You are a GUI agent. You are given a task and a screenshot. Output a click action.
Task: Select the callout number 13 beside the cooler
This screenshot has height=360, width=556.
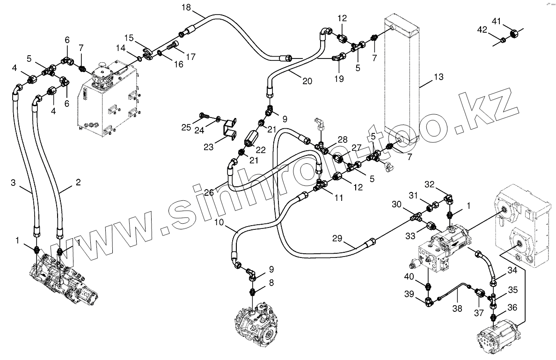[x=438, y=77]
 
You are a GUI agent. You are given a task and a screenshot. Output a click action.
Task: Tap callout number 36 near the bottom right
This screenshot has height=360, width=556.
[x=512, y=308]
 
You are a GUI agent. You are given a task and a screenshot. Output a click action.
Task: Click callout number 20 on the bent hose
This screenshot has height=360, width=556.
[x=307, y=80]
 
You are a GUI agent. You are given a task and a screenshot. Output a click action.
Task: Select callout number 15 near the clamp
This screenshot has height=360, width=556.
[x=129, y=37]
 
